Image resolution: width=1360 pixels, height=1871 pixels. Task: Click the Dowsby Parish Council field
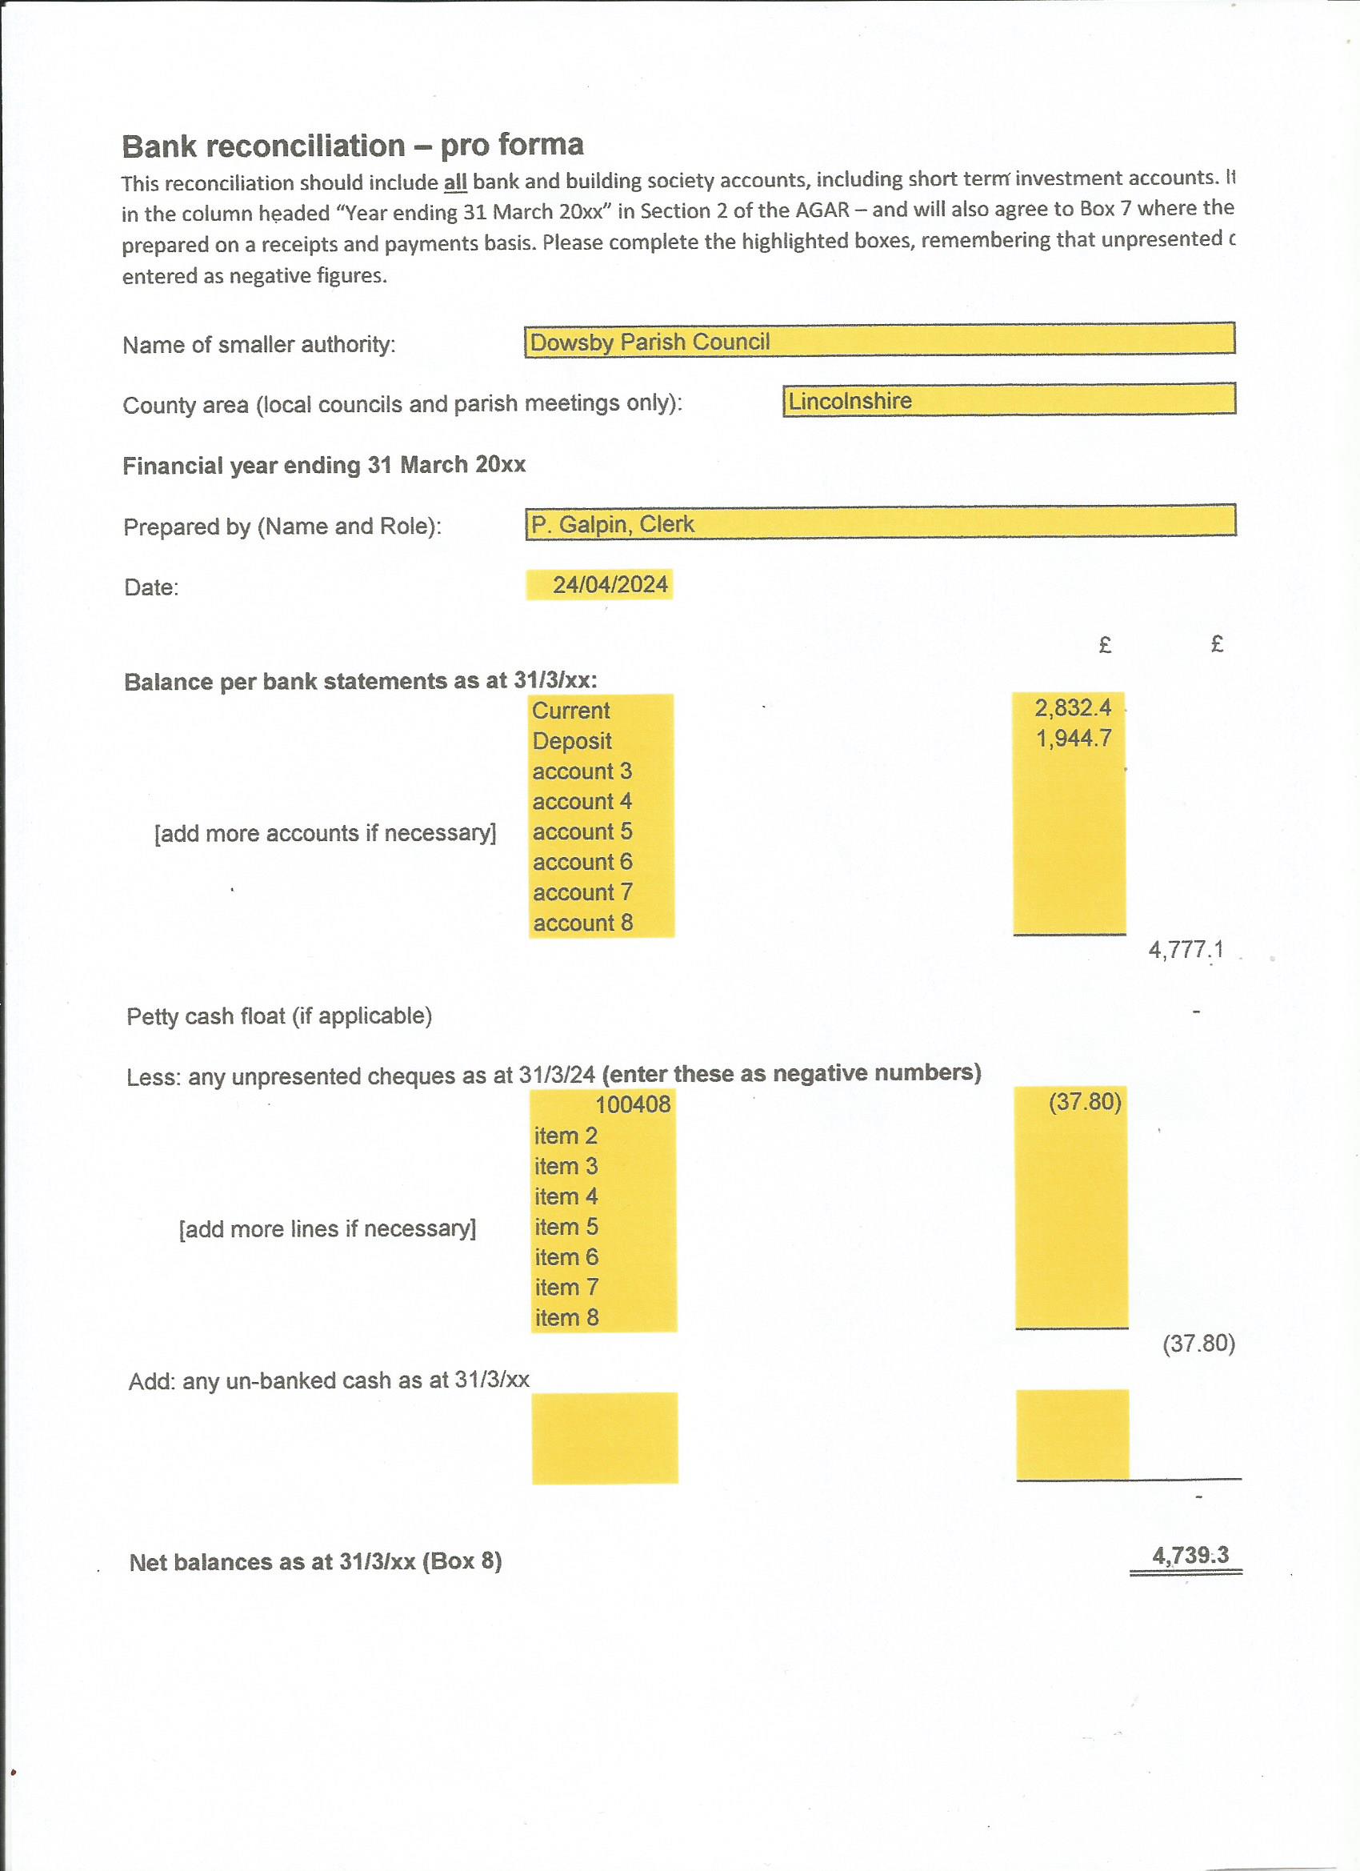tap(879, 341)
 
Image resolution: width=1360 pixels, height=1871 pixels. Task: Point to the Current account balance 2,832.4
tap(1072, 707)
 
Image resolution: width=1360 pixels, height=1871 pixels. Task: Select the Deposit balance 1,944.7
tap(1073, 739)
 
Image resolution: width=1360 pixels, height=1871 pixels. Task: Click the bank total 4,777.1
tap(1185, 950)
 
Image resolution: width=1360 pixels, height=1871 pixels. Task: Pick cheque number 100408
tap(633, 1104)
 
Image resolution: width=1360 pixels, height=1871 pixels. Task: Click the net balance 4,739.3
tap(1190, 1556)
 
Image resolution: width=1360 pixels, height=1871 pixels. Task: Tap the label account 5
tap(582, 831)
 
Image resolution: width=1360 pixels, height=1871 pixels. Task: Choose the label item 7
tap(566, 1288)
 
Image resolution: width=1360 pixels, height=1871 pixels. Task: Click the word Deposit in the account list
tap(571, 741)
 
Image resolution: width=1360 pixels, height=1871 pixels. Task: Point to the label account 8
tap(583, 923)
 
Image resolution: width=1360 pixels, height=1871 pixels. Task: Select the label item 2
tap(566, 1136)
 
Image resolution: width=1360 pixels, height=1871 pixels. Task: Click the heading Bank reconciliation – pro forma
tap(352, 146)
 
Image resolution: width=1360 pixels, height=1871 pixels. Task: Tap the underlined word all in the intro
tap(454, 182)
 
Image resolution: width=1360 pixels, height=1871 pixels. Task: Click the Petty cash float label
tap(278, 1016)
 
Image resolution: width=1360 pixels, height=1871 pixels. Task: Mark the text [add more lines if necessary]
tap(327, 1229)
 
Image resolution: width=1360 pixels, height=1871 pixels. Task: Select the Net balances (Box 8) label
tap(315, 1561)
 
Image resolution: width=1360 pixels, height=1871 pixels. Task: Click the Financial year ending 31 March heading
tap(324, 465)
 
